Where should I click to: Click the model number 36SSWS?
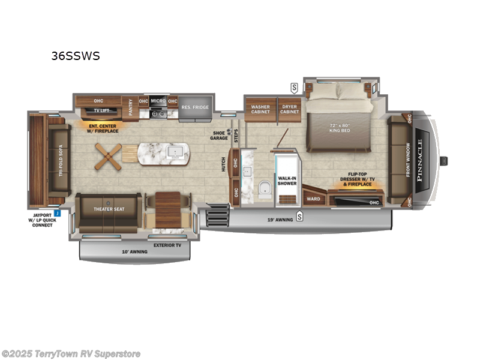coord(76,56)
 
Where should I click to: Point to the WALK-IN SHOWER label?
coord(287,181)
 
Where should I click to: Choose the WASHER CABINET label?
coord(260,109)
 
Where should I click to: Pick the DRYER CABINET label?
coord(290,109)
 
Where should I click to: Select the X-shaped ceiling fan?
coord(108,156)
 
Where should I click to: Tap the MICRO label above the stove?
coord(158,100)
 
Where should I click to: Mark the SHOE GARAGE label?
coord(218,135)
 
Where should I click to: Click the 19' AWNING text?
coord(280,220)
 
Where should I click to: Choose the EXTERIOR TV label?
coord(168,245)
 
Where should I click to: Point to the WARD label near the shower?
coord(313,199)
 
